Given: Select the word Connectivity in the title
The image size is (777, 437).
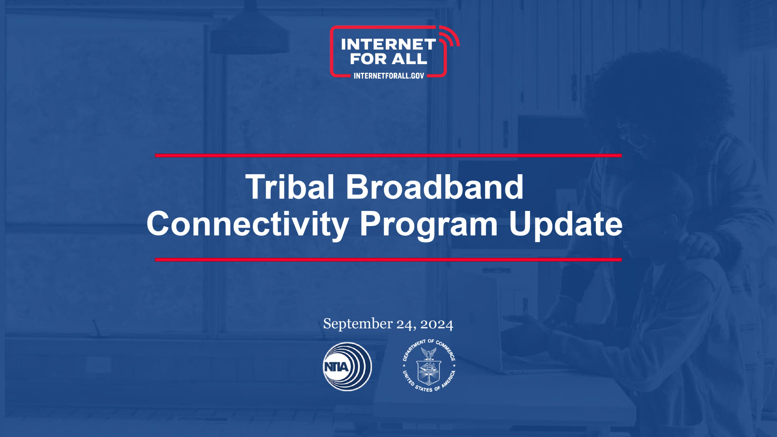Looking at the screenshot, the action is (x=248, y=225).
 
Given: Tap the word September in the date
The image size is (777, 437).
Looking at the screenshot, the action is (x=358, y=324).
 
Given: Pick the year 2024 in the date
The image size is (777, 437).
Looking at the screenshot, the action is (x=437, y=324).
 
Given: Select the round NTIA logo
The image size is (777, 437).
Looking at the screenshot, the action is (x=347, y=367).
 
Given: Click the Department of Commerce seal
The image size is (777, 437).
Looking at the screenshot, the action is (x=429, y=366).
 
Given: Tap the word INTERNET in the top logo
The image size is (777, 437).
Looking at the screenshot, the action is (x=388, y=44).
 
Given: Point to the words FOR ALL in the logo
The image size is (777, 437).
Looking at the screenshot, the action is (x=388, y=59).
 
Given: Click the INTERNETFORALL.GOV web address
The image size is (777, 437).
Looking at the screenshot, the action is (x=389, y=76).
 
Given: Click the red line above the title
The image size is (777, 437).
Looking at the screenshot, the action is (x=388, y=155).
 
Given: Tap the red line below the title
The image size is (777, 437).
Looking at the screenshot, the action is (x=388, y=259).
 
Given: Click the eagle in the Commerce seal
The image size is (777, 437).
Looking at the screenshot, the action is (x=429, y=354).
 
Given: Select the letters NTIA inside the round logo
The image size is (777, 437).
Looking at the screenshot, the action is (x=336, y=367).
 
